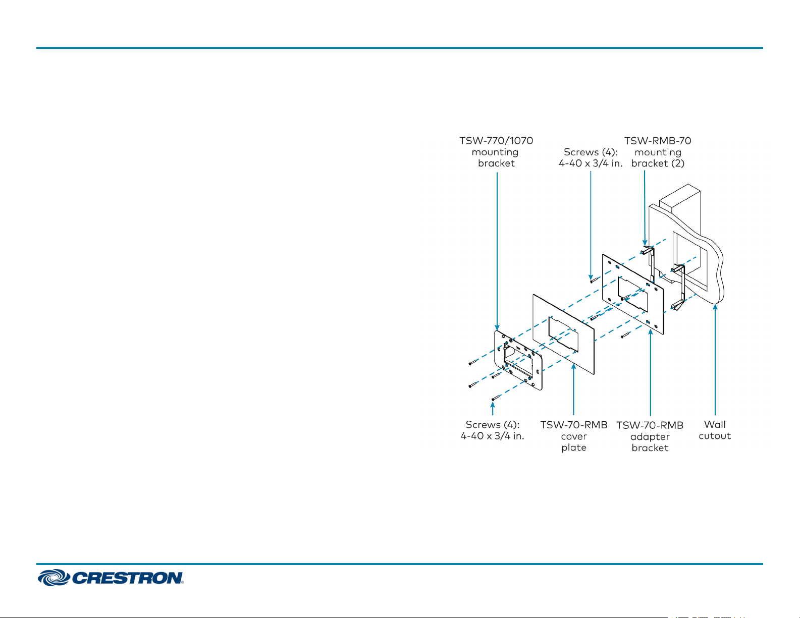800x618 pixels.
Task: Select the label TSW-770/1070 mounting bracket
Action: click(496, 152)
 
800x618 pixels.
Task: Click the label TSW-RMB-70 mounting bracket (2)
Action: click(658, 152)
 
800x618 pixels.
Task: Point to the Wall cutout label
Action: click(715, 430)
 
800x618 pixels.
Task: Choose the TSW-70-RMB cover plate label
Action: click(574, 436)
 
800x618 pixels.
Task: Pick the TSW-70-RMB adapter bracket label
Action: click(650, 436)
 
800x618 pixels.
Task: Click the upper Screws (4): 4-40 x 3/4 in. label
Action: click(591, 157)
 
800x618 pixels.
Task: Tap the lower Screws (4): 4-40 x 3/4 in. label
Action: click(493, 430)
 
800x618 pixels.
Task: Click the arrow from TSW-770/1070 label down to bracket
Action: click(497, 252)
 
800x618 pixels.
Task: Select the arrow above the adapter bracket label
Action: click(651, 373)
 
